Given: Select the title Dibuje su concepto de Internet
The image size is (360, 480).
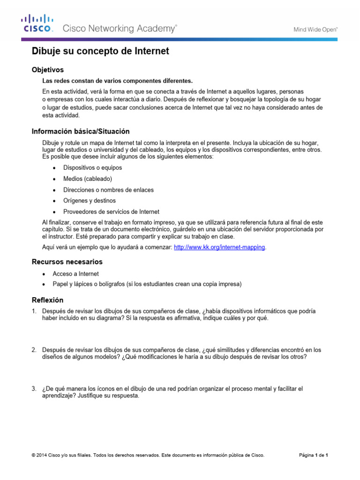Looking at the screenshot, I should coord(100,51).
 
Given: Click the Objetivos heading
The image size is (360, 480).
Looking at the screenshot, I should coord(47,69).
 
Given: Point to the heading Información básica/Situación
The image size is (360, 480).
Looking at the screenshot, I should coord(80,131).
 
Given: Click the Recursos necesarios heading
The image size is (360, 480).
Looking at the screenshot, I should coord(67,262).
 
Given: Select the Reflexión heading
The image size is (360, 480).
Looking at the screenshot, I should coord(47,300).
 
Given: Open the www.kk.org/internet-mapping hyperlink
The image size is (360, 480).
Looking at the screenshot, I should coord(219,247).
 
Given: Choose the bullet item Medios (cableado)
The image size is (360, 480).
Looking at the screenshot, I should coord(88,179).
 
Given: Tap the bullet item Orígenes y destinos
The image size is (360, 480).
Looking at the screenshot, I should coord(90,201).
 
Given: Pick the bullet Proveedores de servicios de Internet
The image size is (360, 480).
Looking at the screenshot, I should coord(111,211).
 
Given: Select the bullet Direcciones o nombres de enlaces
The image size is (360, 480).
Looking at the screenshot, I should coord(108,190).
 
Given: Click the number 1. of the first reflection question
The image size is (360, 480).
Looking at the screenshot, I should coord(34,311).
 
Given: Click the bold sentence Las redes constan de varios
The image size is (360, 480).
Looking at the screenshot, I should coord(117,81).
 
